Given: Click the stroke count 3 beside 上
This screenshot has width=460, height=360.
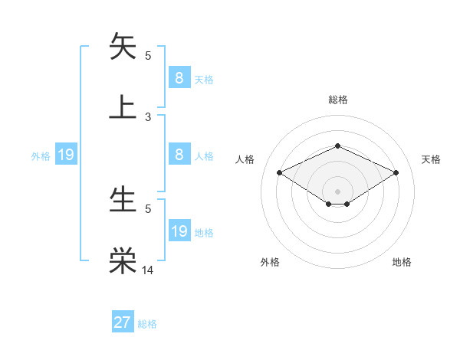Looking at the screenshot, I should pyautogui.click(x=148, y=117).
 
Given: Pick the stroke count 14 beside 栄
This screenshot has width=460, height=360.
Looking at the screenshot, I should pyautogui.click(x=148, y=270).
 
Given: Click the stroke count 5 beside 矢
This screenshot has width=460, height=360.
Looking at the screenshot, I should pyautogui.click(x=148, y=55).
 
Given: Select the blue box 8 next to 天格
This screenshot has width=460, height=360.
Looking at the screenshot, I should pyautogui.click(x=179, y=77).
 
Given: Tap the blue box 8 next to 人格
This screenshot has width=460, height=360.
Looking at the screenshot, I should pyautogui.click(x=179, y=155).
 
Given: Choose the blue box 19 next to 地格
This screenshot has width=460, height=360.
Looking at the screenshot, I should pyautogui.click(x=179, y=231).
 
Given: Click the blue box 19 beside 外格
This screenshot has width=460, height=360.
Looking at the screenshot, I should pyautogui.click(x=66, y=155).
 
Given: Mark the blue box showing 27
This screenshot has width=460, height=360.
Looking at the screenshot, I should pyautogui.click(x=123, y=322).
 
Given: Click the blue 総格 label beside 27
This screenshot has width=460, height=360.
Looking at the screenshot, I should pyautogui.click(x=147, y=324).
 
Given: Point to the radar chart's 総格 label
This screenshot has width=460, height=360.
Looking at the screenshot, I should pyautogui.click(x=337, y=100).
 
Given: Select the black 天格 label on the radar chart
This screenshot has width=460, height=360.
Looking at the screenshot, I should pyautogui.click(x=432, y=159).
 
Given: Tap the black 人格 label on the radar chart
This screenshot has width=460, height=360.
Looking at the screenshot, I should pyautogui.click(x=245, y=159).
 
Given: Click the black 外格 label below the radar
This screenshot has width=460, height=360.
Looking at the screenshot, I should pyautogui.click(x=270, y=262).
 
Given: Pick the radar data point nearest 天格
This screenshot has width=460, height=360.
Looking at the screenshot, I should pyautogui.click(x=396, y=172).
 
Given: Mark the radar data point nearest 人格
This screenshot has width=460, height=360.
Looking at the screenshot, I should pyautogui.click(x=280, y=172).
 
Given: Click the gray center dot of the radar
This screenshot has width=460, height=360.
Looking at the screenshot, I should pyautogui.click(x=337, y=191).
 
